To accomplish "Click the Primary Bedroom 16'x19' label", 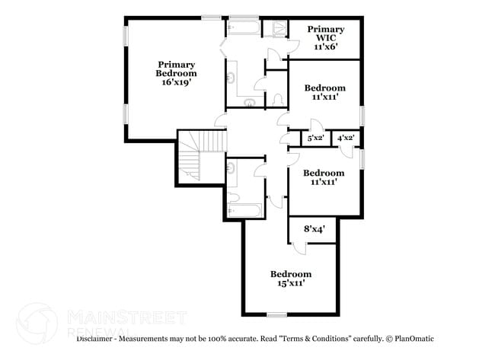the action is [176, 74].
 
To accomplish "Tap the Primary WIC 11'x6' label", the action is [326, 38].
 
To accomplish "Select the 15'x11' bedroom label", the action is [291, 279].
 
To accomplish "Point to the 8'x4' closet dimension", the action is [315, 229].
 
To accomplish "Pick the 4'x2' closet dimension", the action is [346, 138].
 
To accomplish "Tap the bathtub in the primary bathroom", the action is [244, 27].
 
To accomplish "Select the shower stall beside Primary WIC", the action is [276, 29].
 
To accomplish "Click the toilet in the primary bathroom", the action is [278, 100].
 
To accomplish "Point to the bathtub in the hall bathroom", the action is [244, 210].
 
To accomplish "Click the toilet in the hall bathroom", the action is [233, 197].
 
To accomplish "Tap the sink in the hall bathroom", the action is [232, 167].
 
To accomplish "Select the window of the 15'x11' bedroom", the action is [277, 314].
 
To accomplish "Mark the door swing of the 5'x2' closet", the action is [316, 124].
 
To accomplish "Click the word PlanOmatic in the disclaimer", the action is [414, 339].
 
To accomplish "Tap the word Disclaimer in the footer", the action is [94, 339].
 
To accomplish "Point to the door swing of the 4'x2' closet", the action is [347, 151].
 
